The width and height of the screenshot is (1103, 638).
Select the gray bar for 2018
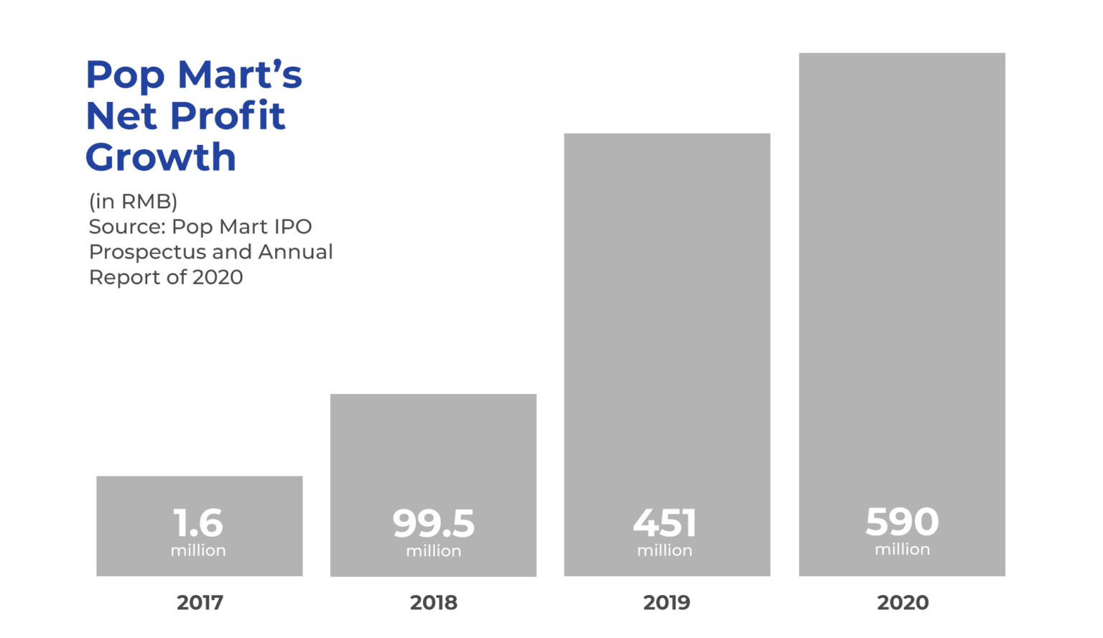pos(433,445)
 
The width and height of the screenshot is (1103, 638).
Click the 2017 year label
pos(200,602)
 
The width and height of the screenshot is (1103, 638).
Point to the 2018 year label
pos(433,602)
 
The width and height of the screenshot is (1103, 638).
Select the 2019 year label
pos(666,602)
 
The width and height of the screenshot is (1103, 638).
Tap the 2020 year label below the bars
pos(903,602)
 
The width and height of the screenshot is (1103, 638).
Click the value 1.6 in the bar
pos(198,523)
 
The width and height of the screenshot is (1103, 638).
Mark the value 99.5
pos(433,524)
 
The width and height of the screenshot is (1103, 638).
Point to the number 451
pos(665,523)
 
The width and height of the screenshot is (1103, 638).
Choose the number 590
pos(902,522)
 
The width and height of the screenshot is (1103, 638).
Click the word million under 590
pos(902,550)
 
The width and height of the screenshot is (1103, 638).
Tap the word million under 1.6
pos(198,550)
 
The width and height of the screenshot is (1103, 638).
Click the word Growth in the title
pos(161,157)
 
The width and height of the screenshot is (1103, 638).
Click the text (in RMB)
pos(133,201)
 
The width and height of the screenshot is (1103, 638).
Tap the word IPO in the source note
pos(292,227)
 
